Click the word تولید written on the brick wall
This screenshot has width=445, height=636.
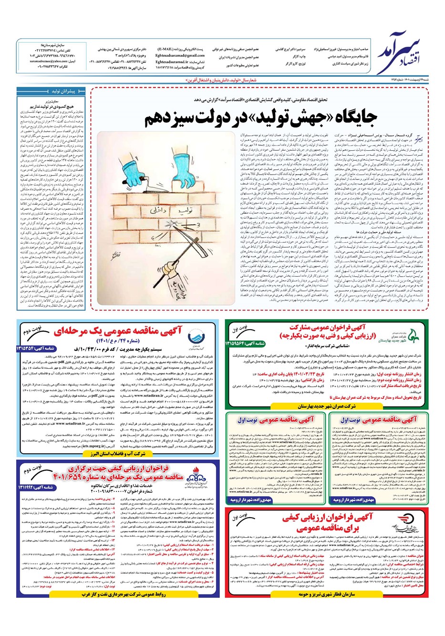pyautogui.click(x=143, y=195)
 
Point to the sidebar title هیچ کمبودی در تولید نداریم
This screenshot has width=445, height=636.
pyautogui.click(x=50, y=105)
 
